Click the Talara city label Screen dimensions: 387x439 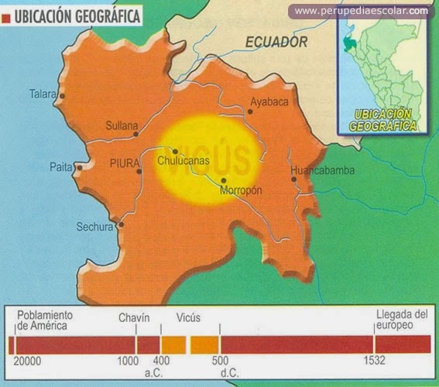pos(43,94)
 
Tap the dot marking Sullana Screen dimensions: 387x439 pos(135,134)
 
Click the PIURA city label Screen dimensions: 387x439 pos(123,164)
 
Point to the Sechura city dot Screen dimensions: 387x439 pos(121,225)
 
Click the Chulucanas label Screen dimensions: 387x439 pos(184,162)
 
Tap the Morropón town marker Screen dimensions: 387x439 pos(223,180)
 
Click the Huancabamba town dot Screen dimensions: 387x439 pos(294,180)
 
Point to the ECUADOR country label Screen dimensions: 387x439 pos(276,43)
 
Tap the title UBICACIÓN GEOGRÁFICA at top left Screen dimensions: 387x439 pos(78,15)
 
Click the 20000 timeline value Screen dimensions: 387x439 pos(27,361)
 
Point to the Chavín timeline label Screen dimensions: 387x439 pos(134,317)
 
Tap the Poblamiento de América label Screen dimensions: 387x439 pos(45,320)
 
